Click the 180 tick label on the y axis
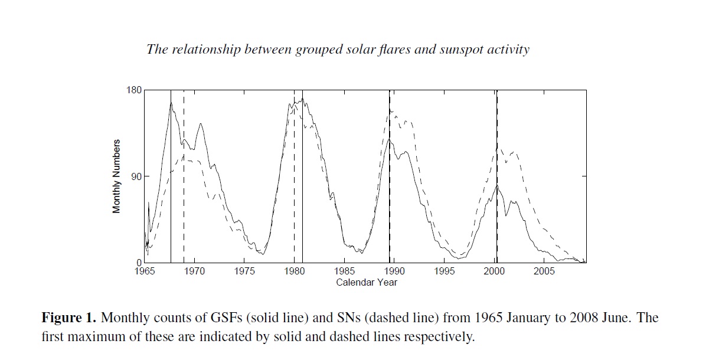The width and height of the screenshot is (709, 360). (x=135, y=90)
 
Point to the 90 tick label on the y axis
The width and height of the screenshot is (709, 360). (x=137, y=176)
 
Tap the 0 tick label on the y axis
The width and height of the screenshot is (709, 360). (x=139, y=263)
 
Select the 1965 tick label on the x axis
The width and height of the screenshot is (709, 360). (x=145, y=271)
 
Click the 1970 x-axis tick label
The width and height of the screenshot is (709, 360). (x=195, y=271)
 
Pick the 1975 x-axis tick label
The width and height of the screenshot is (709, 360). (x=245, y=271)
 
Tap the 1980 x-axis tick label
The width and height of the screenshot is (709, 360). (x=295, y=271)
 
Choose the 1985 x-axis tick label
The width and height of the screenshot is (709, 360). (x=345, y=271)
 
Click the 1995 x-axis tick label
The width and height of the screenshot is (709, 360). (x=445, y=271)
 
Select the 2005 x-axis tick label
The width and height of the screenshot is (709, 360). (x=544, y=271)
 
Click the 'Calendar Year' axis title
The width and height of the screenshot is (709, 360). (x=367, y=282)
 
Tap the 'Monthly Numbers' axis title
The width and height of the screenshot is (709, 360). (x=116, y=176)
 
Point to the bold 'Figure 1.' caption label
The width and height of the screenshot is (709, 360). (x=68, y=318)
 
